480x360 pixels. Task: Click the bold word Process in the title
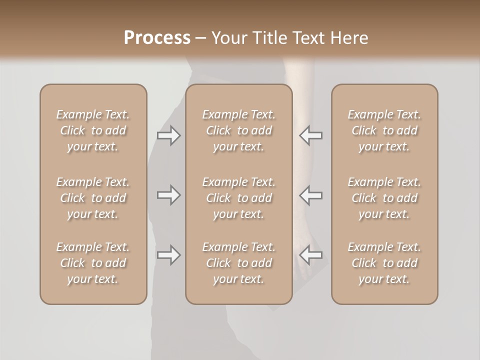pos(157,38)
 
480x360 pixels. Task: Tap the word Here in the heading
pos(348,38)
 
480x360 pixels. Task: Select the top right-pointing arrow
pos(169,135)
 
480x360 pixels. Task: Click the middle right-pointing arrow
pos(169,195)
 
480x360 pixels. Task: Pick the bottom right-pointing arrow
pos(169,255)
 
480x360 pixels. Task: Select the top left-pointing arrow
pos(310,135)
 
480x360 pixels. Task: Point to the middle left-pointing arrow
pos(310,195)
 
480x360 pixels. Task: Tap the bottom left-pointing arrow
pos(310,255)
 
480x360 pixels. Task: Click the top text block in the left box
pos(93,130)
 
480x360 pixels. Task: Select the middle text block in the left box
pos(93,198)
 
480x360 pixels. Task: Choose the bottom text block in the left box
pos(93,263)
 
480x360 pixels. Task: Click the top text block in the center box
pos(238,130)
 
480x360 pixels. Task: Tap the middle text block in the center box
pos(238,198)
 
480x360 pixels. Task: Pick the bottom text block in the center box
pos(238,263)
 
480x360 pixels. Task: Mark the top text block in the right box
pos(384,130)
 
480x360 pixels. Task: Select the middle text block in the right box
pos(384,198)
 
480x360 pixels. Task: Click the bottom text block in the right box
pos(384,263)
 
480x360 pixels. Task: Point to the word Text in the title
pos(308,38)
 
